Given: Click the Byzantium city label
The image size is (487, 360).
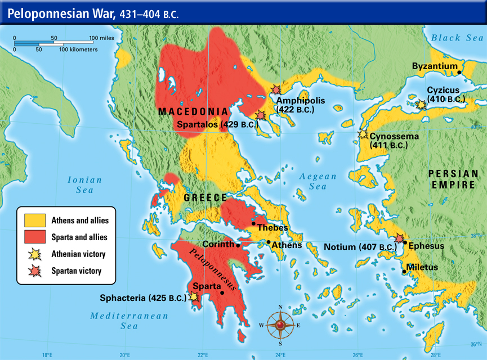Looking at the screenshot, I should [x=434, y=66].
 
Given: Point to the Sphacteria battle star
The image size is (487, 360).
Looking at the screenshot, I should [x=194, y=296].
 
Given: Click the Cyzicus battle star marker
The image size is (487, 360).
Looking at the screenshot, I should [x=420, y=104].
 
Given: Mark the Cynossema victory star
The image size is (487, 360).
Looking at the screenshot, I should [x=363, y=134].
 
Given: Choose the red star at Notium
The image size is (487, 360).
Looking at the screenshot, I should [x=399, y=238].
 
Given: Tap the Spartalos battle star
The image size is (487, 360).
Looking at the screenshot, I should [x=260, y=115].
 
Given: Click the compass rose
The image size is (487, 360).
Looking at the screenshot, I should [x=280, y=325].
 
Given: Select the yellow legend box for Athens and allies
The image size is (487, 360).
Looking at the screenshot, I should [x=34, y=220].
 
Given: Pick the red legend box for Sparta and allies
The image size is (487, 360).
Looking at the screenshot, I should [x=34, y=237].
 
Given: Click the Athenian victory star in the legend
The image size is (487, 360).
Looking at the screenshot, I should [x=34, y=254].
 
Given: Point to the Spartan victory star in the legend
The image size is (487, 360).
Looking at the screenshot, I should [x=34, y=271].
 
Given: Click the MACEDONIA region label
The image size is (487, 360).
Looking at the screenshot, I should [x=193, y=111].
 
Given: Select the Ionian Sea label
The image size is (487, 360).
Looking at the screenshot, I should [x=84, y=185].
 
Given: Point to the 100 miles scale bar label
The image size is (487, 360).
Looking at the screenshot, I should [x=99, y=38].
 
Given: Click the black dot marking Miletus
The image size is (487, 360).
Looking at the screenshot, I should [x=404, y=272].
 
